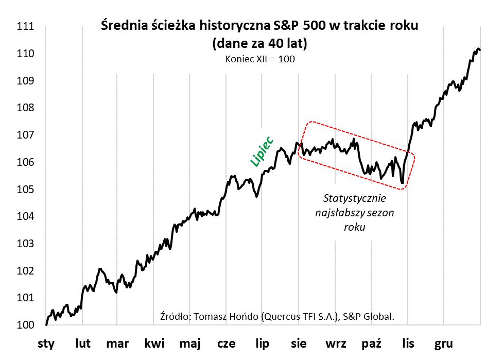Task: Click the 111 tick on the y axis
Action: (x=25, y=27)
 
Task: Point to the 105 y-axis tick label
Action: (x=25, y=190)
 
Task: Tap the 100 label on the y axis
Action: (x=25, y=325)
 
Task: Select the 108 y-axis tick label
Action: (x=25, y=108)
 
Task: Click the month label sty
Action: (x=46, y=344)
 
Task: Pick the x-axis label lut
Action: (x=83, y=344)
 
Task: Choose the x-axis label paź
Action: (x=372, y=344)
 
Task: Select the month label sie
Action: (x=299, y=344)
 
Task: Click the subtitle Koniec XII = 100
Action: (x=259, y=59)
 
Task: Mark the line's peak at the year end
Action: (x=478, y=49)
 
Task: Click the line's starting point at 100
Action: (x=46, y=325)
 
